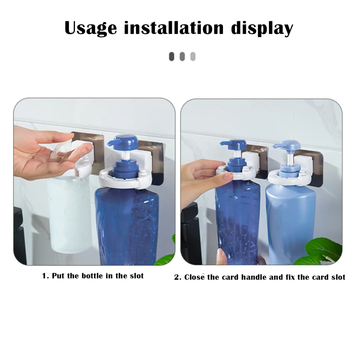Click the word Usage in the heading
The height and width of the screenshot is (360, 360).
pos(90,28)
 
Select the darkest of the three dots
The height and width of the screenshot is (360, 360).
pos(172,57)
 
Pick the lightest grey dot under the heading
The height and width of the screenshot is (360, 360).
pos(193,57)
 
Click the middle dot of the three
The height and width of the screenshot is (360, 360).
pos(182,57)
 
